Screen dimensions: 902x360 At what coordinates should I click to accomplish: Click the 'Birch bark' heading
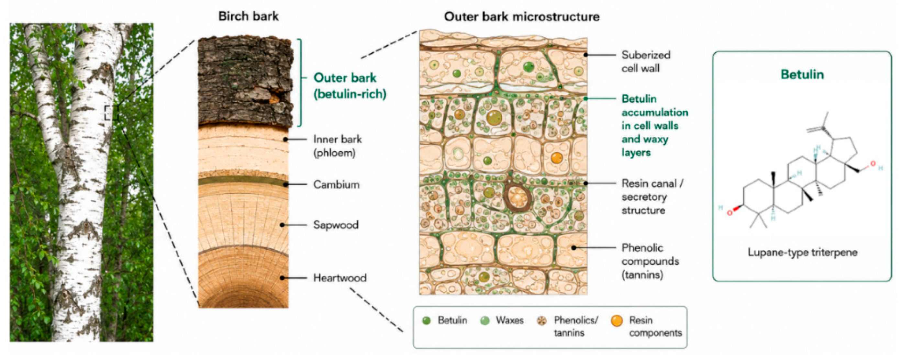pyautogui.click(x=248, y=16)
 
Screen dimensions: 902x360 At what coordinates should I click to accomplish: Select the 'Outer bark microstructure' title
pyautogui.click(x=522, y=17)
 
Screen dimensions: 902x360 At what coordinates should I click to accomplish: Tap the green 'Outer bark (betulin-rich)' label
pyautogui.click(x=350, y=86)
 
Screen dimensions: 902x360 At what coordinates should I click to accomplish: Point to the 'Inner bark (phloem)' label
pyautogui.click(x=338, y=146)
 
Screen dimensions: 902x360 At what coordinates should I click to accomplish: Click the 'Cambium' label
pyautogui.click(x=336, y=185)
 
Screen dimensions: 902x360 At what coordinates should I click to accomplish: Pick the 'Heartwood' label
pyautogui.click(x=340, y=278)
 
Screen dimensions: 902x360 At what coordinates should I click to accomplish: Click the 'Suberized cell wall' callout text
pyautogui.click(x=646, y=62)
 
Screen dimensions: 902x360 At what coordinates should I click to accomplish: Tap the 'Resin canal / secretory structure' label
pyautogui.click(x=652, y=197)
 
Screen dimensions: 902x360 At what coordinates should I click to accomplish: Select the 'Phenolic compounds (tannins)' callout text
pyautogui.click(x=650, y=261)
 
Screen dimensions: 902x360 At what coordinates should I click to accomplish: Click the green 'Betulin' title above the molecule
pyautogui.click(x=802, y=74)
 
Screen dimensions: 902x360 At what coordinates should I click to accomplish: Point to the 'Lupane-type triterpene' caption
pyautogui.click(x=803, y=252)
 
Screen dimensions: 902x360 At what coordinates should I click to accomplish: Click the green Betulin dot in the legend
pyautogui.click(x=426, y=321)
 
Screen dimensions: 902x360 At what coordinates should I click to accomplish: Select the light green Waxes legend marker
pyautogui.click(x=485, y=321)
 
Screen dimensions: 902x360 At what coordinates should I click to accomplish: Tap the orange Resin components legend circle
pyautogui.click(x=617, y=321)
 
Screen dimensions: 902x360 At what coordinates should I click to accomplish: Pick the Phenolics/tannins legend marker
pyautogui.click(x=542, y=321)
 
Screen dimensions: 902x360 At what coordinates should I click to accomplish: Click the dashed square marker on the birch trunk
pyautogui.click(x=111, y=113)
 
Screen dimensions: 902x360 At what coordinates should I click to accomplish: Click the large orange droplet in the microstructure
pyautogui.click(x=556, y=158)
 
